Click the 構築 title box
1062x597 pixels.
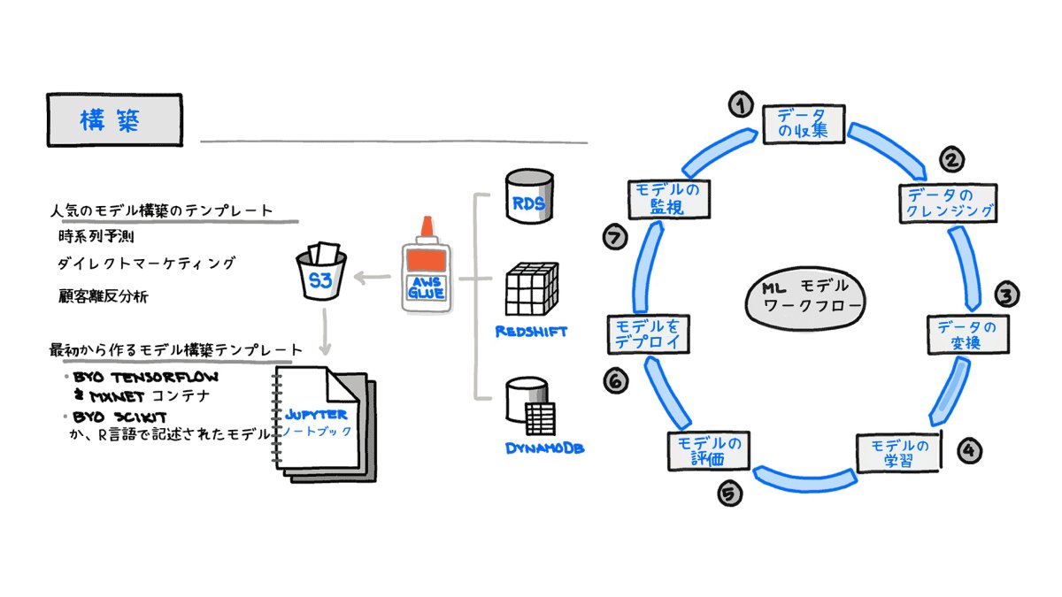pyautogui.click(x=114, y=120)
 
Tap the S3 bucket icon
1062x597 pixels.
pyautogui.click(x=321, y=275)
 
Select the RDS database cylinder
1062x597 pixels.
pyautogui.click(x=529, y=199)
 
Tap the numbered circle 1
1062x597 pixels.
pyautogui.click(x=740, y=105)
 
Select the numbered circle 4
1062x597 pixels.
pyautogui.click(x=969, y=449)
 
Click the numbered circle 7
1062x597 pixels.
pyautogui.click(x=614, y=237)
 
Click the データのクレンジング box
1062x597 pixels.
pyautogui.click(x=948, y=203)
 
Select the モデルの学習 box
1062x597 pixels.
pyautogui.click(x=898, y=452)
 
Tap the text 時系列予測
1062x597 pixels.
pyautogui.click(x=96, y=237)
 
